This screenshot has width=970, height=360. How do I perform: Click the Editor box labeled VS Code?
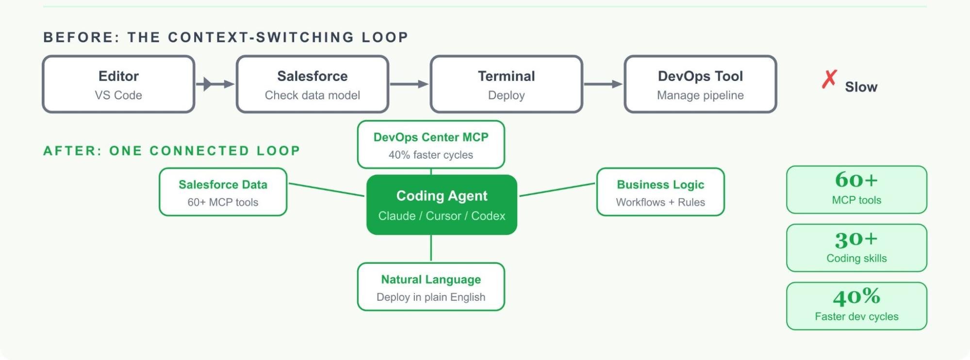(x=118, y=84)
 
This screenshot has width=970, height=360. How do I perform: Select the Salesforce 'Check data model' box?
(x=312, y=84)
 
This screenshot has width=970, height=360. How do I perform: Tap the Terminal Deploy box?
(x=506, y=84)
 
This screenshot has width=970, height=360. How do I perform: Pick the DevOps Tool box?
(x=700, y=84)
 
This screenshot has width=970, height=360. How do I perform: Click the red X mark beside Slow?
(x=829, y=79)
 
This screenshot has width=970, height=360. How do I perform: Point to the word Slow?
(x=861, y=87)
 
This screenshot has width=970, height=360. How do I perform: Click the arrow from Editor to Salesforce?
(x=215, y=84)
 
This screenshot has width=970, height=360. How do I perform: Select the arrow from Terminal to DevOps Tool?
(x=603, y=84)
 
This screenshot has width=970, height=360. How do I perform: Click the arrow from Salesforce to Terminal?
(x=409, y=84)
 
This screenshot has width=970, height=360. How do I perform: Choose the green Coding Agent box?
(x=442, y=205)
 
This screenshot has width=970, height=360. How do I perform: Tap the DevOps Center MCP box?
(x=431, y=145)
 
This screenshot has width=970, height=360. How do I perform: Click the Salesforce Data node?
(x=223, y=192)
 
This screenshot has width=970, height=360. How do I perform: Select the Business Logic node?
(x=660, y=192)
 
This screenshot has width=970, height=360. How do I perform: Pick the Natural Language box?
(x=431, y=287)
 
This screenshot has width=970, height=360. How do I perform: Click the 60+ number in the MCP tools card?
(x=856, y=180)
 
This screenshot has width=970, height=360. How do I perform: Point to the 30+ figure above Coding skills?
(x=856, y=239)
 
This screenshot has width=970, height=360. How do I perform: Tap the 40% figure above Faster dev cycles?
(x=856, y=297)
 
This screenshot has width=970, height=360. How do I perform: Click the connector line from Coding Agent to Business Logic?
(x=557, y=190)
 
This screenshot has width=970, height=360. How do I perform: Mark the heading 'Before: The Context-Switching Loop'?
(x=226, y=37)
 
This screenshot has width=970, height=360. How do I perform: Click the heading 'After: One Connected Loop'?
(x=172, y=151)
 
